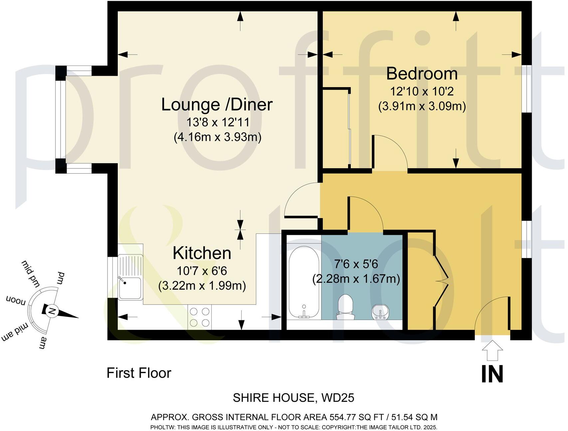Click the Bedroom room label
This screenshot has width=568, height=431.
pos(422,74)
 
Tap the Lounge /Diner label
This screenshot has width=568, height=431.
pos(217,104)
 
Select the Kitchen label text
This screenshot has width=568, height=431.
pos(202,253)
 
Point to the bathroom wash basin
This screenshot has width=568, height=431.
pos(380,312)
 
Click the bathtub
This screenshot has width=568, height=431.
pos(303,283)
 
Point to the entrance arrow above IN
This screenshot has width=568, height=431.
pos(492,350)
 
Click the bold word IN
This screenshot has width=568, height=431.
pos(492,374)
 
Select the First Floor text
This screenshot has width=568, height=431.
pos(139,373)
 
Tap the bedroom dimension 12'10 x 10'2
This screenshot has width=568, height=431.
pos(422,91)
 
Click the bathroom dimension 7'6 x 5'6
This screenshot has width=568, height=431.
pos(356,264)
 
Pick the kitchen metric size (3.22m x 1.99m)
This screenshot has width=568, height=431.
pos(202,286)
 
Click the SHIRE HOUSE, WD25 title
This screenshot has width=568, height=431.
pos(293,398)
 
